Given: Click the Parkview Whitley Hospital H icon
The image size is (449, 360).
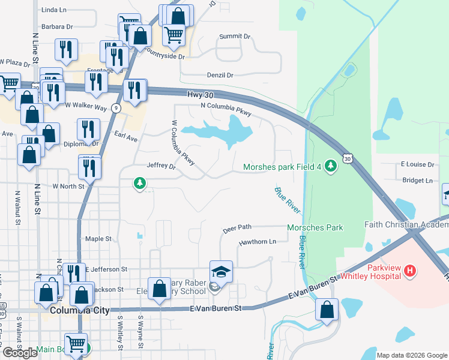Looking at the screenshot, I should click(411, 271).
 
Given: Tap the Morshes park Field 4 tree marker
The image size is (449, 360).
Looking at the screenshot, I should click(330, 167).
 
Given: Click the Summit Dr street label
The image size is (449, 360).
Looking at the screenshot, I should click(235, 37).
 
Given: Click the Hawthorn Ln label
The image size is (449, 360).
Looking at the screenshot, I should click(257, 242).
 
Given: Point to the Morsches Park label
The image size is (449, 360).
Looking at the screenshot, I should click(315, 227).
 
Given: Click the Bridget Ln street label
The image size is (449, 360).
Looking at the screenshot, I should click(417, 180).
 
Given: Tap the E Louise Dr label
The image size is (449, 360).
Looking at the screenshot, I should click(417, 164).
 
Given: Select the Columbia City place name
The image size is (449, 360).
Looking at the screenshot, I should click(80, 310).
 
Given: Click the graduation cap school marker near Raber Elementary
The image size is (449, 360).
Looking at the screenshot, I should click(220, 272).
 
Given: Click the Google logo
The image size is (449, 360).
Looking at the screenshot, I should click(20, 353).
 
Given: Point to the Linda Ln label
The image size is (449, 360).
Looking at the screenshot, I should click(55, 10).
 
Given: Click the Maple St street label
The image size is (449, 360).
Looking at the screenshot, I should click(99, 239).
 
